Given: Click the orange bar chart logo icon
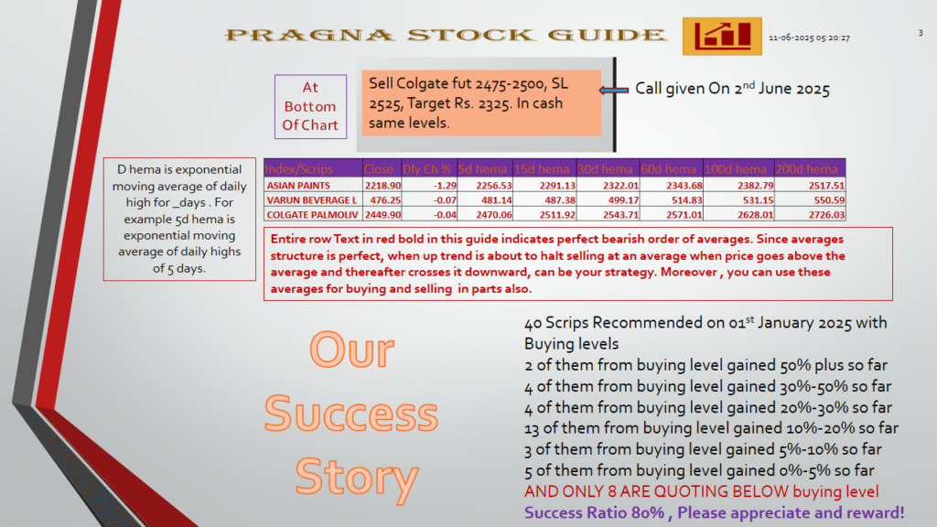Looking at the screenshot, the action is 722,37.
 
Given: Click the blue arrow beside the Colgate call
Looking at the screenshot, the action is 614,91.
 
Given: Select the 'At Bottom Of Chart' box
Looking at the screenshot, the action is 311,106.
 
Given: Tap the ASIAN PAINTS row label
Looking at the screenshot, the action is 298,186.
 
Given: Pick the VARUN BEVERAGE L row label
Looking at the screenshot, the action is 311,200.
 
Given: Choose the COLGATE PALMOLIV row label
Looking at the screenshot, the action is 313,214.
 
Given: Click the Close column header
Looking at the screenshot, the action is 378,169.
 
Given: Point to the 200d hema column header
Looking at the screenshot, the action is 807,169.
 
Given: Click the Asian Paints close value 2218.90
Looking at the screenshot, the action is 382,186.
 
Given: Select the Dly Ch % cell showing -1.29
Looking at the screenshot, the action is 445,186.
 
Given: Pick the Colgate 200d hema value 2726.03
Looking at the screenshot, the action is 826,214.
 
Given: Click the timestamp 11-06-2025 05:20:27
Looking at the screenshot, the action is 809,38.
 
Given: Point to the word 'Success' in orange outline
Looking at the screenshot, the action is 351,413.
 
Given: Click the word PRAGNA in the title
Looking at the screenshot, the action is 309,36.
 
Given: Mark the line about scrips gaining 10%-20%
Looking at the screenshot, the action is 711,428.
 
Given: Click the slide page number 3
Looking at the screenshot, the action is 921,34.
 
